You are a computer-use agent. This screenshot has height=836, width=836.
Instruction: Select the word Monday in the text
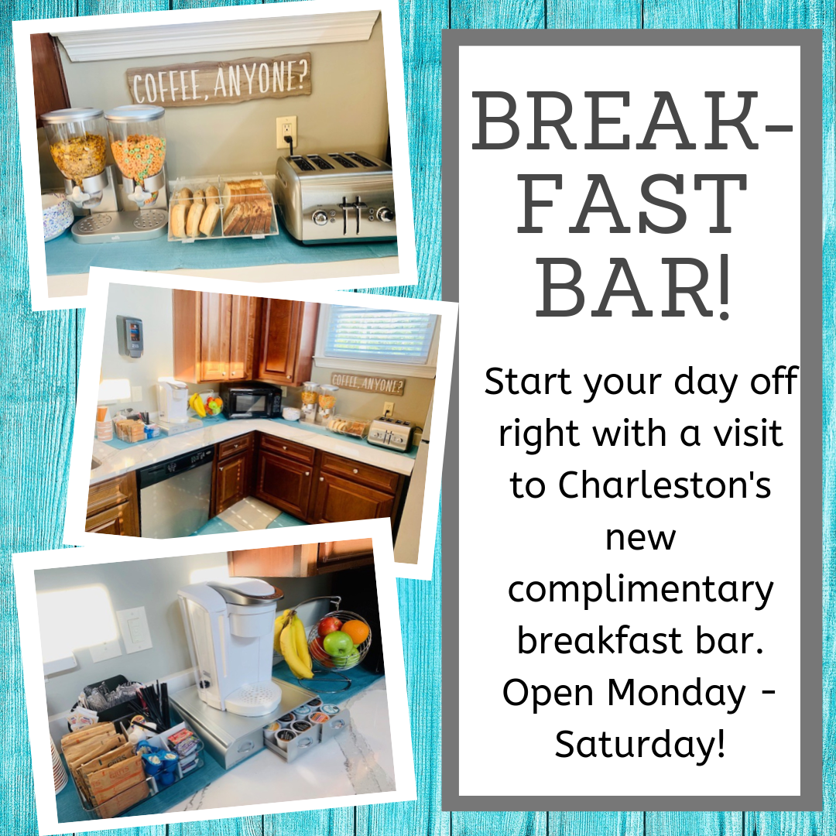(x=677, y=692)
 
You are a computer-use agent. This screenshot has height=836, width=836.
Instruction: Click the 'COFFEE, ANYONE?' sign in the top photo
(x=219, y=81)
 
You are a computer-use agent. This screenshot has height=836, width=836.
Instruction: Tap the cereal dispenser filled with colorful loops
(x=135, y=156)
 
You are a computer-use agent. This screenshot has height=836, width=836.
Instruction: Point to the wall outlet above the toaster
(x=286, y=132)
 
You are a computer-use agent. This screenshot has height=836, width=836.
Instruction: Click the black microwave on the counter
(x=251, y=400)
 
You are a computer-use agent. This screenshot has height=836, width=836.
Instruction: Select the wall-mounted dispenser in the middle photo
(x=129, y=337)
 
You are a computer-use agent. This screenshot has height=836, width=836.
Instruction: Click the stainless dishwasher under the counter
(x=176, y=492)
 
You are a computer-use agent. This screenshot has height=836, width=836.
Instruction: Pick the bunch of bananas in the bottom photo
(x=293, y=644)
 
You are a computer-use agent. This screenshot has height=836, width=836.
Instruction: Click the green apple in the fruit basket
(x=337, y=643)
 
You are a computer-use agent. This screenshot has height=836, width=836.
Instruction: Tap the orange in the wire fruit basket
(x=355, y=632)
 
